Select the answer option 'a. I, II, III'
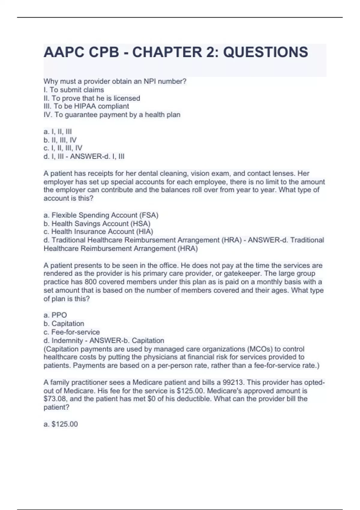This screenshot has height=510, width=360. click(58, 132)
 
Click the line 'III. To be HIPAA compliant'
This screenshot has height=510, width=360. click(86, 106)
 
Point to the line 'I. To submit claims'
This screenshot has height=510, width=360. click(74, 90)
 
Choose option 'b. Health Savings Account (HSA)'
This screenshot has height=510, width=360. click(97, 223)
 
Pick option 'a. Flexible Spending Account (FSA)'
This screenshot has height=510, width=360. click(101, 215)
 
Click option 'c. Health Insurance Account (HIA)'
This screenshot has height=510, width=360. click(98, 232)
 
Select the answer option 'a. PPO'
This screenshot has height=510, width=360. click(55, 315)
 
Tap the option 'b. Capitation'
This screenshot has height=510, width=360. click(64, 323)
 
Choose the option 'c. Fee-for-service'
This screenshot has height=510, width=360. click(72, 332)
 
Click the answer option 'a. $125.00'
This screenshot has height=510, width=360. click(61, 424)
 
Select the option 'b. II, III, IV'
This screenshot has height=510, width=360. click(60, 140)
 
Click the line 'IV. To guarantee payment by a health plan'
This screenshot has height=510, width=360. click(112, 115)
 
